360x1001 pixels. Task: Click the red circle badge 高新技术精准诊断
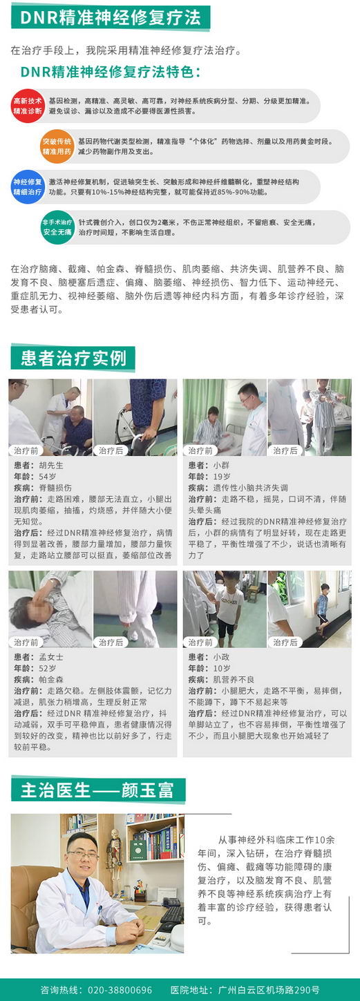coord(28,106)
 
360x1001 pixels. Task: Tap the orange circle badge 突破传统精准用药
coord(57,146)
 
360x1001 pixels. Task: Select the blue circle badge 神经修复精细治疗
coord(28,187)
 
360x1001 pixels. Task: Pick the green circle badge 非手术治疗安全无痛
coord(57,227)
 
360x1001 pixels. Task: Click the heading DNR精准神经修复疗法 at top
coord(111,18)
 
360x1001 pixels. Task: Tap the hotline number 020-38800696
coord(120,990)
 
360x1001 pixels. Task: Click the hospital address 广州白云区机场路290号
coord(269,990)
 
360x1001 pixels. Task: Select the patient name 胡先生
coord(51,465)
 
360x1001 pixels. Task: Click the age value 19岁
coord(222,477)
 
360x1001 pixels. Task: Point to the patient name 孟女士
coord(51,657)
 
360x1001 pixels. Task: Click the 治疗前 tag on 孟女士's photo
coord(26,642)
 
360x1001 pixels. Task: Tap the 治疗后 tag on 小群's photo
coord(285,450)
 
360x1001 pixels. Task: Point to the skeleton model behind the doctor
coord(114,856)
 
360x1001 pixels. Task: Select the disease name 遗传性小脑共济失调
coord(250,488)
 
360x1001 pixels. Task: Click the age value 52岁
coord(48,668)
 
